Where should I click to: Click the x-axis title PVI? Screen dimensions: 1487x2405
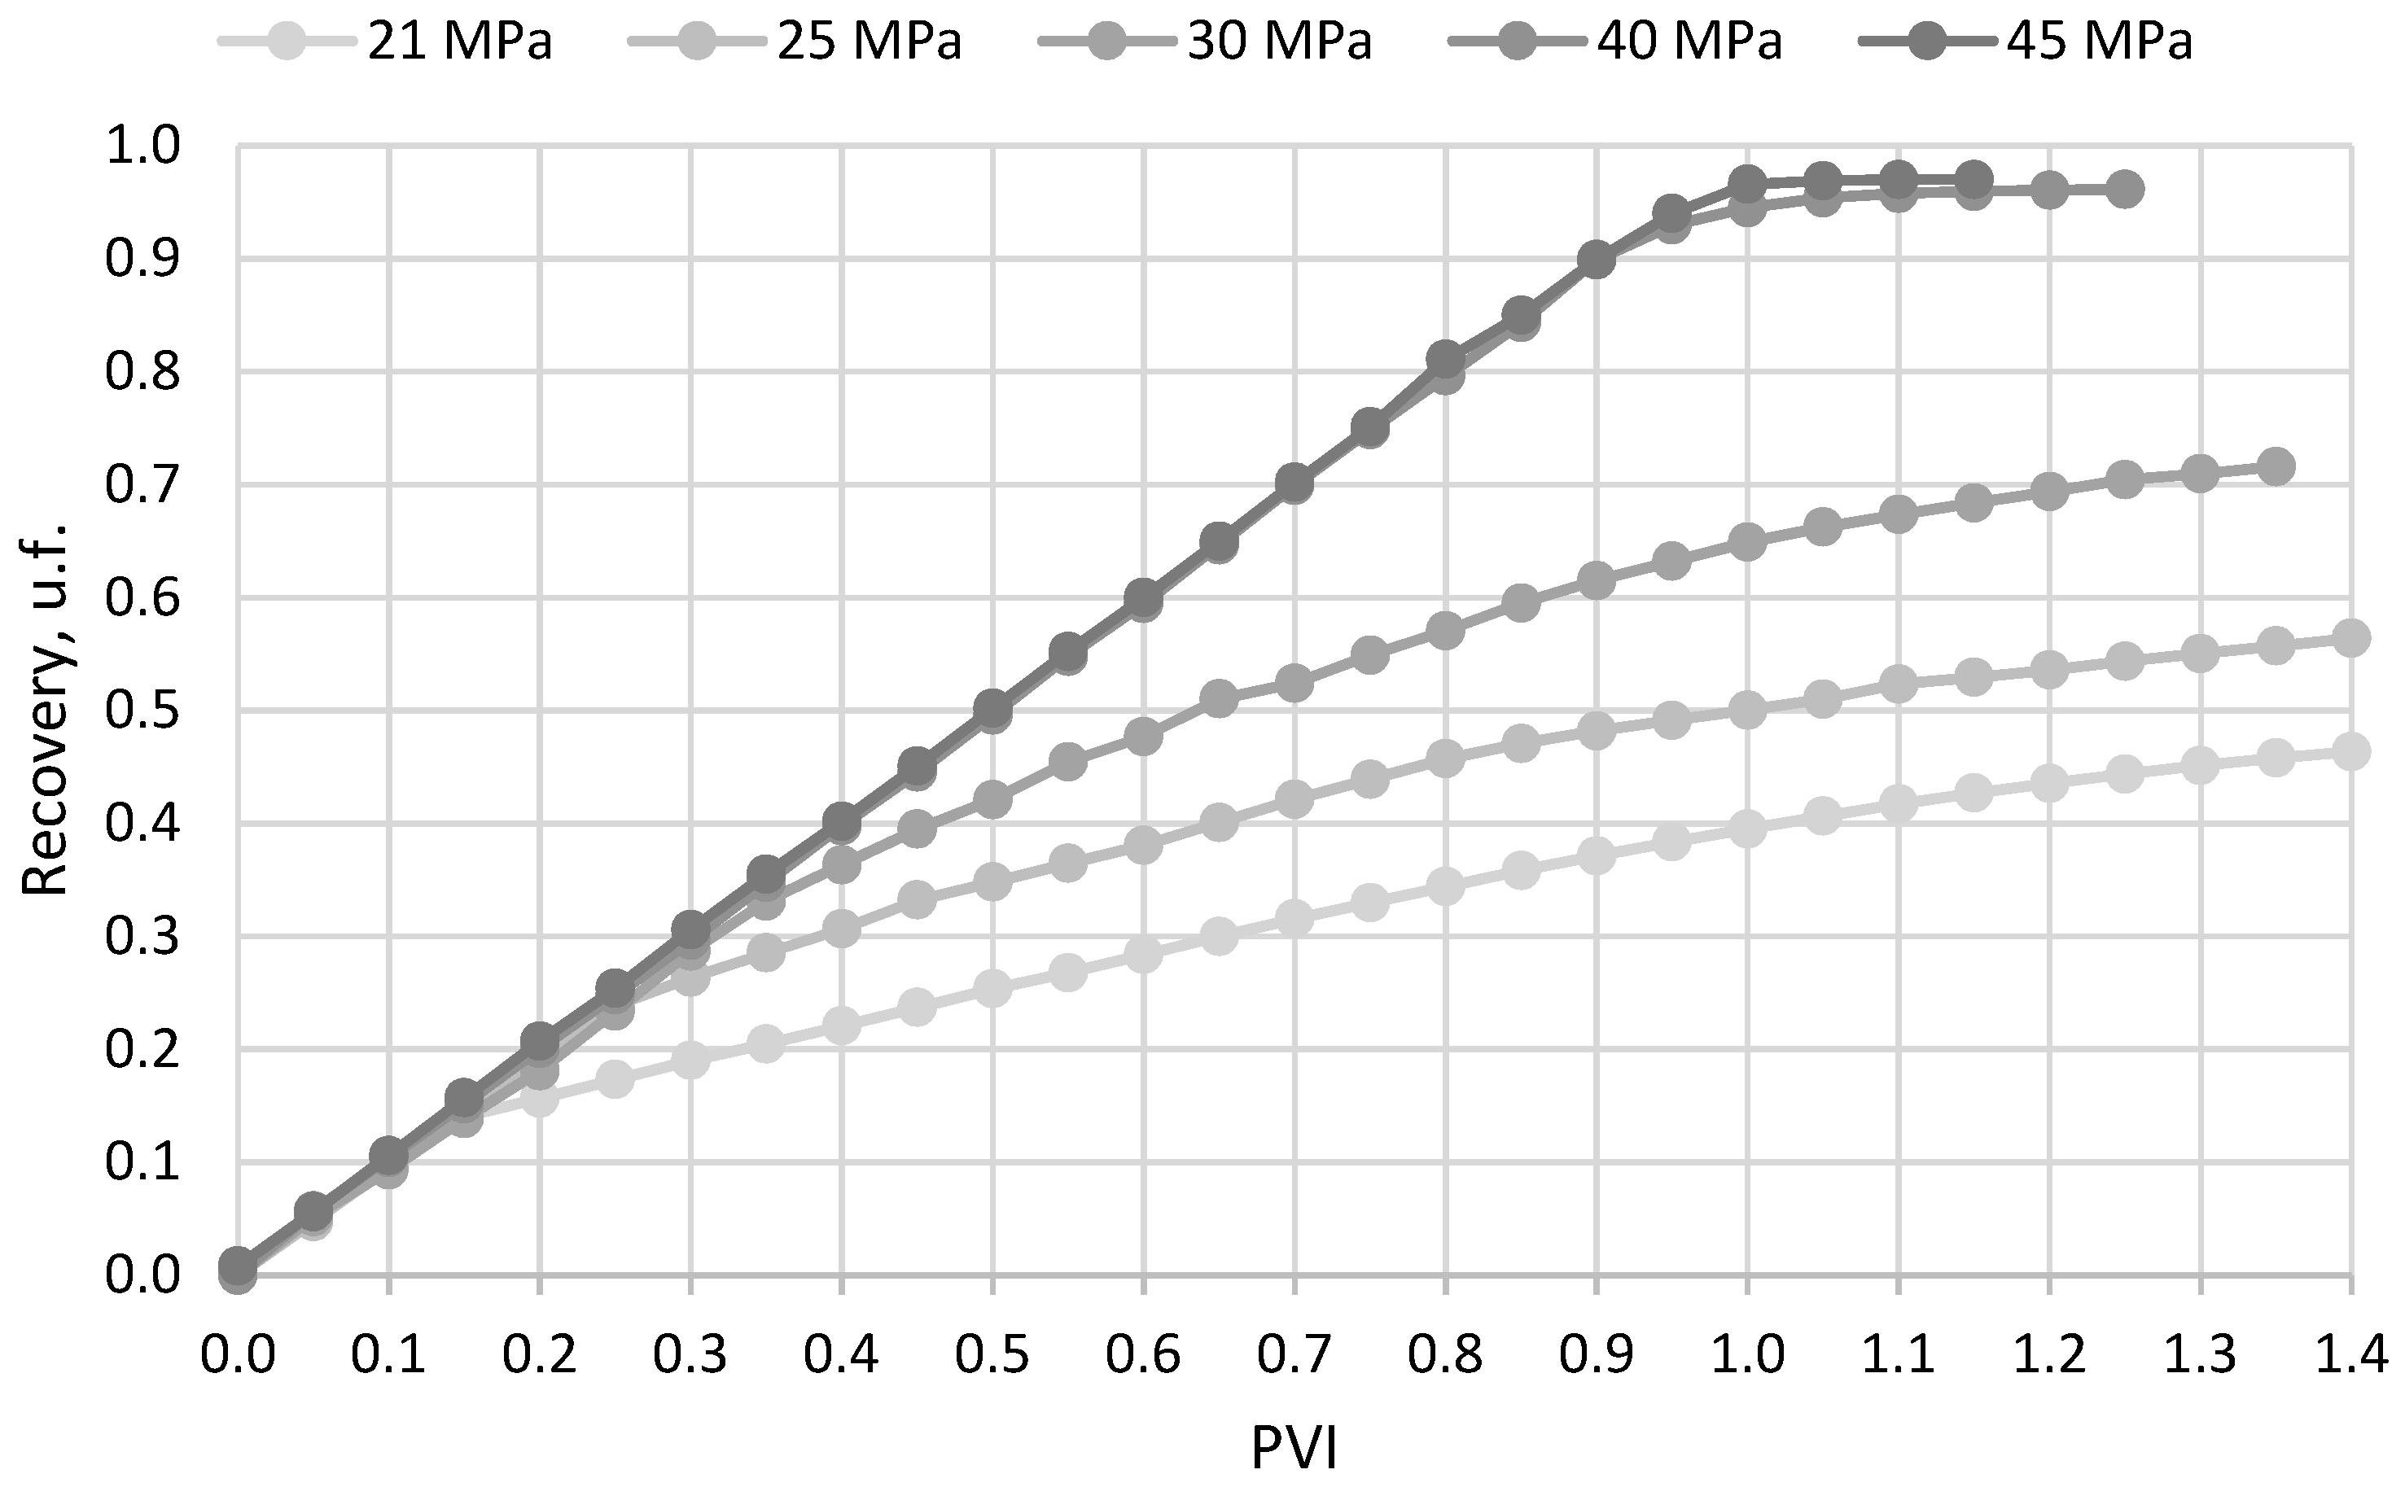click(1294, 1449)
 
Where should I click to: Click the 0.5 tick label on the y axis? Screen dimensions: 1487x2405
click(143, 711)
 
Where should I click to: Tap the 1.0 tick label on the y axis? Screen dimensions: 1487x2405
click(143, 147)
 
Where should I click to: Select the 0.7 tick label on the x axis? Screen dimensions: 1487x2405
click(1294, 1355)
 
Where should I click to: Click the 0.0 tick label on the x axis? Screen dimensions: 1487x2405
click(238, 1355)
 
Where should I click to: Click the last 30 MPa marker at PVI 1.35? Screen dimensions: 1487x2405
click(2276, 466)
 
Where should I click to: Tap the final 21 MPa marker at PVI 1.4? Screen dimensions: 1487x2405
click(2352, 752)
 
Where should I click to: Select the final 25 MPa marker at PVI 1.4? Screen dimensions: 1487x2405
click(2352, 638)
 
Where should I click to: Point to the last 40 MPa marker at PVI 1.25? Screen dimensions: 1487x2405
click(2125, 189)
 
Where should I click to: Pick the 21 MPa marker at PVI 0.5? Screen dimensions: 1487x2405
click(992, 988)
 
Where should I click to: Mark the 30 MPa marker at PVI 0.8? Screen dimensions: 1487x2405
click(1445, 631)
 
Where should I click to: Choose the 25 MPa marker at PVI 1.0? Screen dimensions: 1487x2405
click(1747, 710)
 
